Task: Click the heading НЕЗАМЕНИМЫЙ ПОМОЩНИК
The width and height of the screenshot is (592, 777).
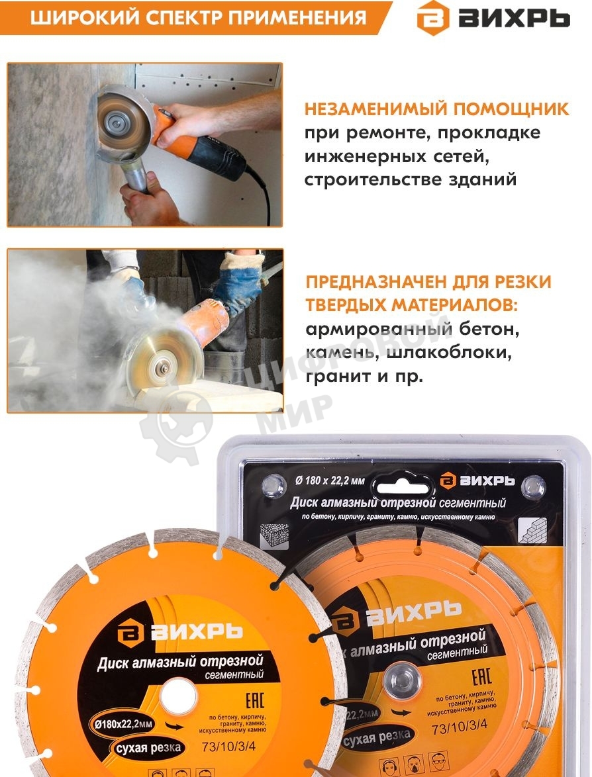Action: [436, 109]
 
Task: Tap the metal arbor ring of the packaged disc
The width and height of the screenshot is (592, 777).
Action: [401, 680]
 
